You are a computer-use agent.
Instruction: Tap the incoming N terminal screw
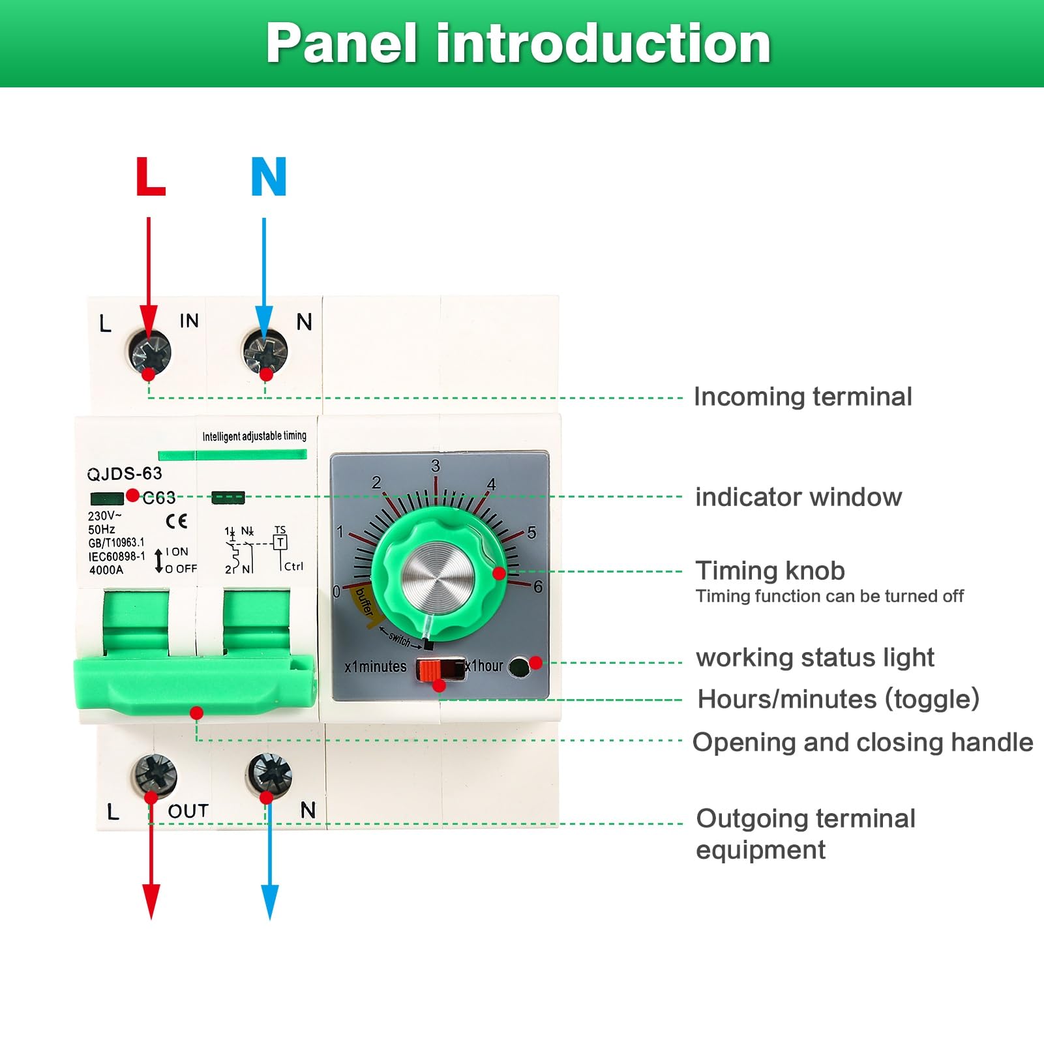265,353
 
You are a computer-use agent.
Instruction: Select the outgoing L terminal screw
154,774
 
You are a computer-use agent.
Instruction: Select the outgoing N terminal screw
269,774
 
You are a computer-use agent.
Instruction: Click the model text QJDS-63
125,473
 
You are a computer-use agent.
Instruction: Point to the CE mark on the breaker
177,520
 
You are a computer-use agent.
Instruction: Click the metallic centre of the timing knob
436,574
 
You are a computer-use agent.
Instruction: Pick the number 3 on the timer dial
436,466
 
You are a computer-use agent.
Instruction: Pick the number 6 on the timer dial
538,587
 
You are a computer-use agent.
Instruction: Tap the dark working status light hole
519,668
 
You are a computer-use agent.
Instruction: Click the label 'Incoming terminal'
803,396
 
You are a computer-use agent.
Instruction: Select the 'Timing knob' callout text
770,571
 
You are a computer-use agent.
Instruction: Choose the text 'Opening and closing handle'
862,742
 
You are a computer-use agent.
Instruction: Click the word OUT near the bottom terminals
188,811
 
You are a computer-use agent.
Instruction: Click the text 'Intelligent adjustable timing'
254,436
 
